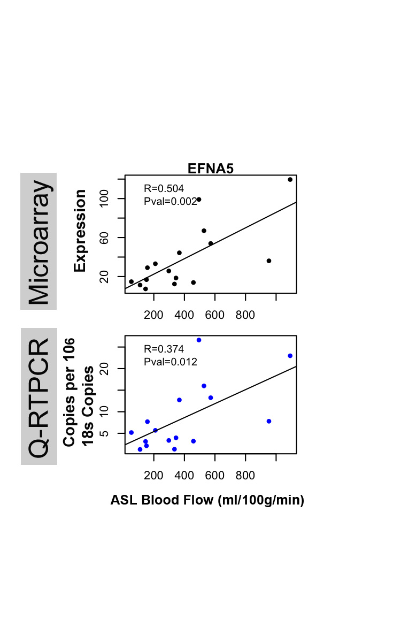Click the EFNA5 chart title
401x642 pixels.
211,169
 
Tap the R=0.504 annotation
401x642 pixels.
164,188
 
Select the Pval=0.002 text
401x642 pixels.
171,201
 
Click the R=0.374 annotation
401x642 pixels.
164,349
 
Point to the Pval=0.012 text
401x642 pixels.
171,362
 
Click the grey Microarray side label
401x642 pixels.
39,241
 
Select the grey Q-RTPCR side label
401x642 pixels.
39,396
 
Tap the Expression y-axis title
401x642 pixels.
80,231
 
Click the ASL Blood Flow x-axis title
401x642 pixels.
207,500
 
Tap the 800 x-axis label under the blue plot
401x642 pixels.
245,476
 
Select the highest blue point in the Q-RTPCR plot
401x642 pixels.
199,340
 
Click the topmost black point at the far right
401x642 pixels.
290,179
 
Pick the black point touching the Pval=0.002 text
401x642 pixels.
199,200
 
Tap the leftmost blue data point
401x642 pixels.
131,432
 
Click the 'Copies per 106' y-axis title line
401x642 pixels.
68,393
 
